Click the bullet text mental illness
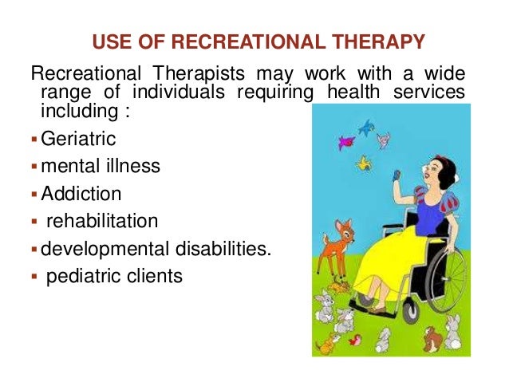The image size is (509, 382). point(101,167)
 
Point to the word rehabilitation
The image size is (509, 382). point(102,221)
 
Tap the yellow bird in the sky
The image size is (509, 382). point(365,164)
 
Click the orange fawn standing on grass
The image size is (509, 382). point(330,251)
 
